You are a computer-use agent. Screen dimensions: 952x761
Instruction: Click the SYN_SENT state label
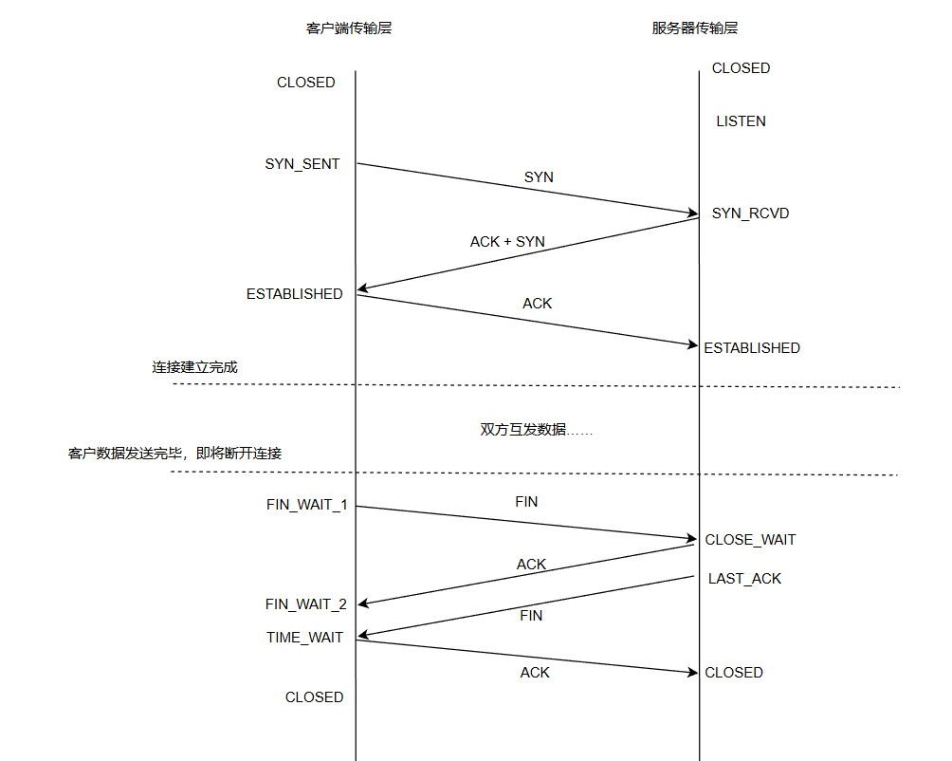click(x=302, y=164)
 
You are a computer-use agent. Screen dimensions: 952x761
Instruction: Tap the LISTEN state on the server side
click(x=741, y=121)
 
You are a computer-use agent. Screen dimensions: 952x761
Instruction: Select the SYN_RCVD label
click(x=750, y=213)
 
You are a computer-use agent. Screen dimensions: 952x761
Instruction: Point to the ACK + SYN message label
click(x=507, y=242)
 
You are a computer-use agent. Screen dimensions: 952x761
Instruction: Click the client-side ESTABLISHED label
click(x=294, y=294)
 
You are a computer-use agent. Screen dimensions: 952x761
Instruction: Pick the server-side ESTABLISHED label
click(x=751, y=348)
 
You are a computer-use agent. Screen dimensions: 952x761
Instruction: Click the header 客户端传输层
click(x=349, y=28)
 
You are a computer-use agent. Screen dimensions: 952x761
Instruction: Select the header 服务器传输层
click(x=695, y=28)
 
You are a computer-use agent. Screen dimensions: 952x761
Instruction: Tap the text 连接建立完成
click(x=194, y=367)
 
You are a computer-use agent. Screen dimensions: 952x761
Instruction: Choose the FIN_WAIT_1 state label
click(x=306, y=505)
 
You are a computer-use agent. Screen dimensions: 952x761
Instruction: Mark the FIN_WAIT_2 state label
click(x=305, y=604)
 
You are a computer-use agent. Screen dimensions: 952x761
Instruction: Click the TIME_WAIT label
click(x=304, y=638)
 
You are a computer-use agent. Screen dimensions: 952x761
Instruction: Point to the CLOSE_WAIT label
click(x=750, y=540)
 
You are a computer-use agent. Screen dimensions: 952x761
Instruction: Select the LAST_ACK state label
click(x=744, y=579)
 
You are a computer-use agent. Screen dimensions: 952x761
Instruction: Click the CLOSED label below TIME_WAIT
click(x=314, y=697)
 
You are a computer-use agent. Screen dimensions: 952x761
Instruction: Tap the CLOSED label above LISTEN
click(x=741, y=68)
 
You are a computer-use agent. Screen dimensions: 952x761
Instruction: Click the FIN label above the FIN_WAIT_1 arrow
click(x=526, y=502)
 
